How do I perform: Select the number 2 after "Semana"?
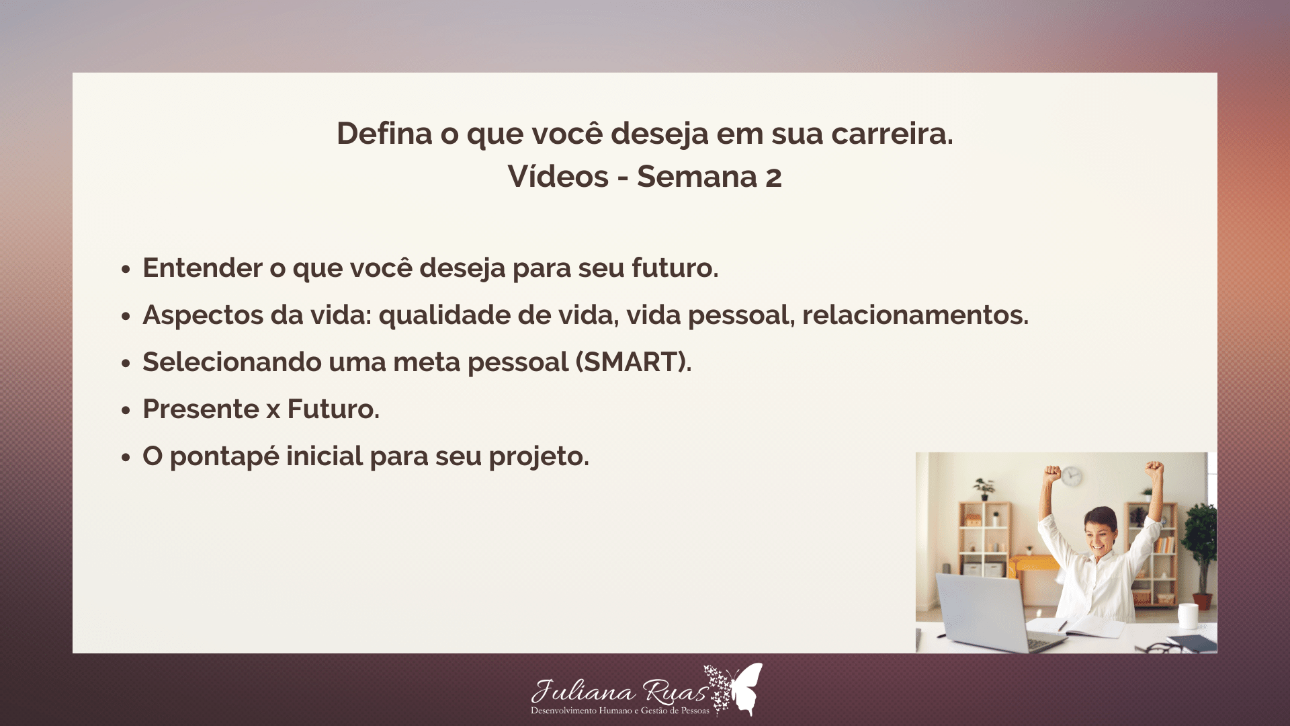pos(773,177)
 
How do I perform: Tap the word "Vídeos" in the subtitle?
pos(558,177)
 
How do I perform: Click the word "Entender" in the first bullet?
pos(202,268)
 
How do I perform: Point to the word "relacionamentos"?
pos(914,315)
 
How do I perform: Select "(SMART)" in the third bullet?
pos(632,362)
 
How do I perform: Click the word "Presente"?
pos(201,409)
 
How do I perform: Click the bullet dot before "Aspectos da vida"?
pos(126,316)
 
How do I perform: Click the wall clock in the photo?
pos(1072,477)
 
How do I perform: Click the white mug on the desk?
pos(1188,615)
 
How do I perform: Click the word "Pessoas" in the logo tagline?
pos(695,711)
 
